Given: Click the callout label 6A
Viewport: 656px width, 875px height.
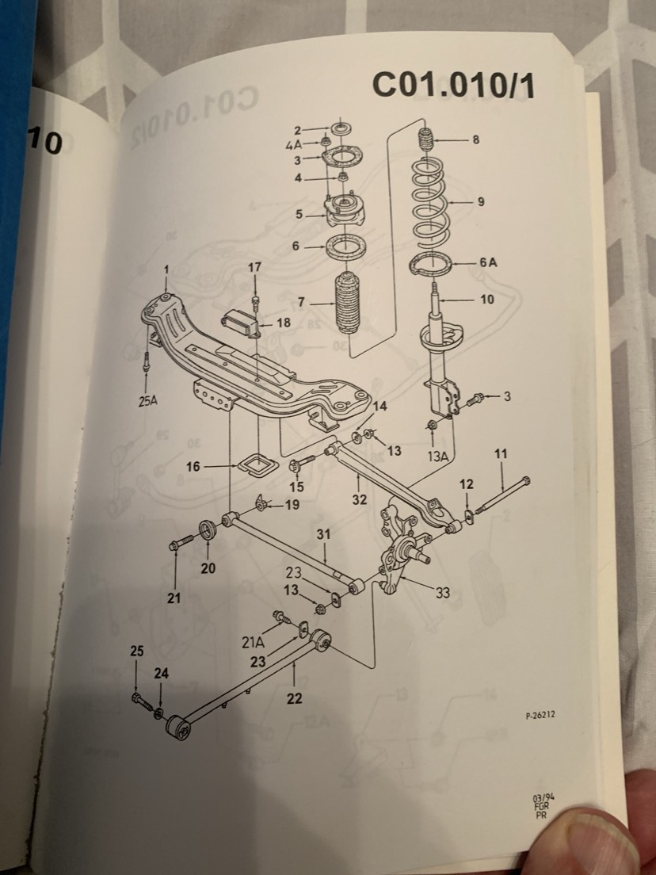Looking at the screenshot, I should point(488,262).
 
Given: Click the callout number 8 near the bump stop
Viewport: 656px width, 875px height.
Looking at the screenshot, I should point(475,140).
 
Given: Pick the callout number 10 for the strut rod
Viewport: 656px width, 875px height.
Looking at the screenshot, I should point(486,300).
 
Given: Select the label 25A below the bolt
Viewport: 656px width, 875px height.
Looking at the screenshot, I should point(147,400).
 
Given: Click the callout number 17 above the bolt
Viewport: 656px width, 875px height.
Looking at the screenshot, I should point(254,268).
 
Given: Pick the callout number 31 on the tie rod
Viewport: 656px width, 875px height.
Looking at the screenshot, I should point(323,536).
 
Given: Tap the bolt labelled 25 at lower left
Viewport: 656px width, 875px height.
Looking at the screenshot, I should point(141,699).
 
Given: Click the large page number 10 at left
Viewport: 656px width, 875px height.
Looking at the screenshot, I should point(44,143).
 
